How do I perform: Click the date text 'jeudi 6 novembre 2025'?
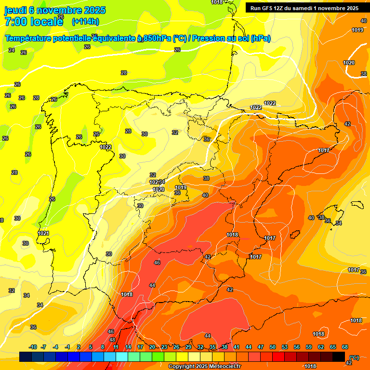pos(54,10)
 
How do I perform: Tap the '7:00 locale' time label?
pos(34,21)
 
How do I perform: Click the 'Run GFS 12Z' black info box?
pos(304,8)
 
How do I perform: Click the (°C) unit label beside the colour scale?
pos(354,357)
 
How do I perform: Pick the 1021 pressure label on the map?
pos(43,233)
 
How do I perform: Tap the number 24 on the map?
pos(12,50)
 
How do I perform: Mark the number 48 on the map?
pos(112,339)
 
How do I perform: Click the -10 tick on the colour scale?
pos(33,347)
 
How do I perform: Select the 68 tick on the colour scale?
pos(345,347)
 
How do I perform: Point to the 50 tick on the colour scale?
pos(273,347)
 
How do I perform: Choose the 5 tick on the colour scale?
pos(91,347)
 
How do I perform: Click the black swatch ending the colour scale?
pos(339,357)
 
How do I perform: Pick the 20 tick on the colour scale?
pos(152,347)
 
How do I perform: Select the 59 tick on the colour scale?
pos(309,347)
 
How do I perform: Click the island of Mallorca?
pos(329,212)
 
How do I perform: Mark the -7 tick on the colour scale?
pos(43,347)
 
